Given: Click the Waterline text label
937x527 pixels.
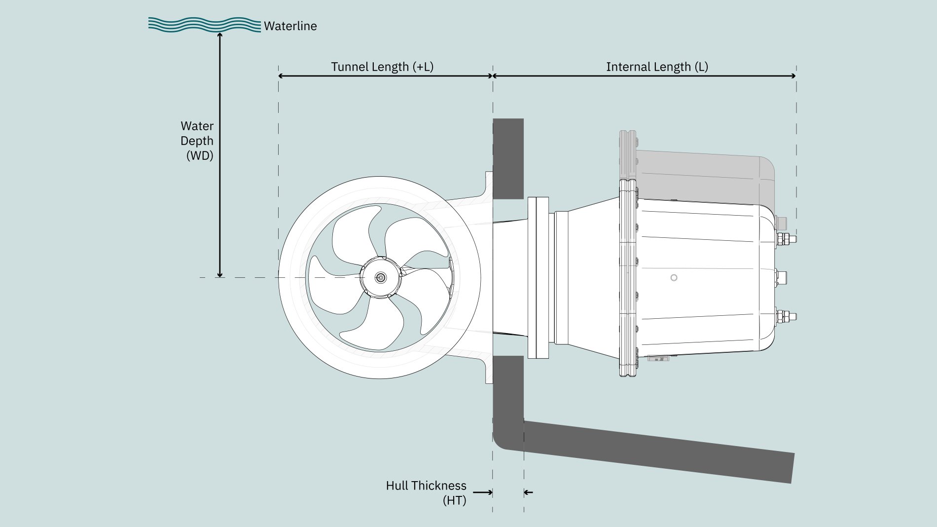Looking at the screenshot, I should [x=290, y=26].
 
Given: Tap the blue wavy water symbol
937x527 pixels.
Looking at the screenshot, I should [x=204, y=25].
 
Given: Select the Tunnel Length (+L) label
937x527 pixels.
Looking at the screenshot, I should [x=382, y=67].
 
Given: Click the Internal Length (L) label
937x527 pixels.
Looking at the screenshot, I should [x=657, y=67].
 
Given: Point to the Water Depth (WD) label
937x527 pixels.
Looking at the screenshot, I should [x=197, y=141].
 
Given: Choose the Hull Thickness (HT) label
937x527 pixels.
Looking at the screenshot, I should [x=426, y=492].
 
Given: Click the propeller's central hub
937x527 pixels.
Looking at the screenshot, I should [x=380, y=277].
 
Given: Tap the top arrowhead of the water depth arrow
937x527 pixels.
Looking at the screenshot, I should [x=220, y=35].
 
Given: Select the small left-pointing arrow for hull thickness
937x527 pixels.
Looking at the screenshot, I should [x=529, y=492].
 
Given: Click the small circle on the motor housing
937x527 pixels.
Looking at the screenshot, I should [x=674, y=278].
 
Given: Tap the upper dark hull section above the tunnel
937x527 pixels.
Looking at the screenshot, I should [x=508, y=158].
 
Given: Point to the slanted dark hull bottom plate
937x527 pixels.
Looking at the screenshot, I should [x=656, y=452].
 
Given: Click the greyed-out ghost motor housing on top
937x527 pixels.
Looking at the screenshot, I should [x=700, y=173].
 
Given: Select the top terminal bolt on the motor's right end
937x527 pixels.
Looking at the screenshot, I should [x=786, y=239].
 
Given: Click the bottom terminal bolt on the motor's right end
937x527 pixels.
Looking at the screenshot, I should [x=786, y=316].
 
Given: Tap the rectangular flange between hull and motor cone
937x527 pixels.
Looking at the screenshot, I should [x=539, y=277].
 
